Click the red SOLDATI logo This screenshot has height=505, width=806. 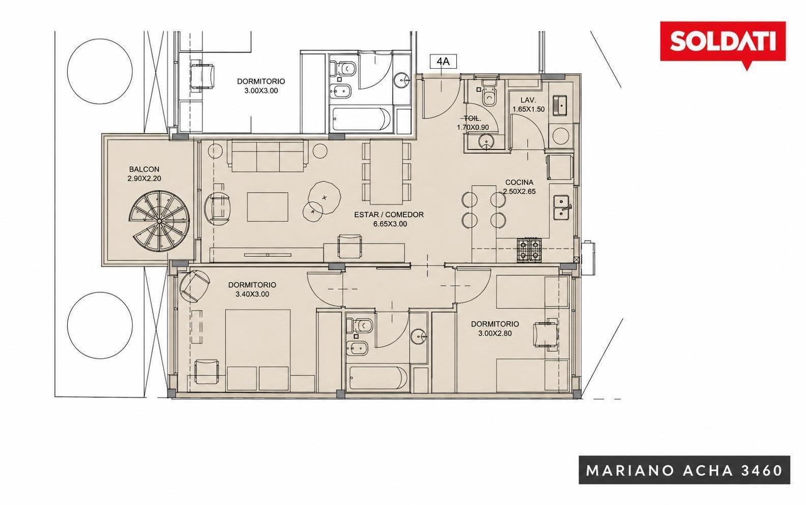(723, 43)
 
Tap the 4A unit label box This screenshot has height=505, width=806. (443, 62)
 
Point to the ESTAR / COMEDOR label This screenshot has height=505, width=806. (389, 215)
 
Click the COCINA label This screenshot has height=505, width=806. (519, 183)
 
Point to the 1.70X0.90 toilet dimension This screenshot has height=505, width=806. (473, 127)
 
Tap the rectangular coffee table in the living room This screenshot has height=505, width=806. (268, 207)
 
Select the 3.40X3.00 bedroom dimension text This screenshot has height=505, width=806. (252, 294)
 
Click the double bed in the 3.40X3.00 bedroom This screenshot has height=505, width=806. (257, 350)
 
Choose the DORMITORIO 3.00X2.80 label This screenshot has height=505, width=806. (495, 329)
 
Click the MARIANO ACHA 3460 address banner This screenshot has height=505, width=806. (684, 470)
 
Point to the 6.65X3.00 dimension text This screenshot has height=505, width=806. (390, 224)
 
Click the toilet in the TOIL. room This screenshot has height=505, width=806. (488, 93)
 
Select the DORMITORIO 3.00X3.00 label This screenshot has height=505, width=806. (261, 86)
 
